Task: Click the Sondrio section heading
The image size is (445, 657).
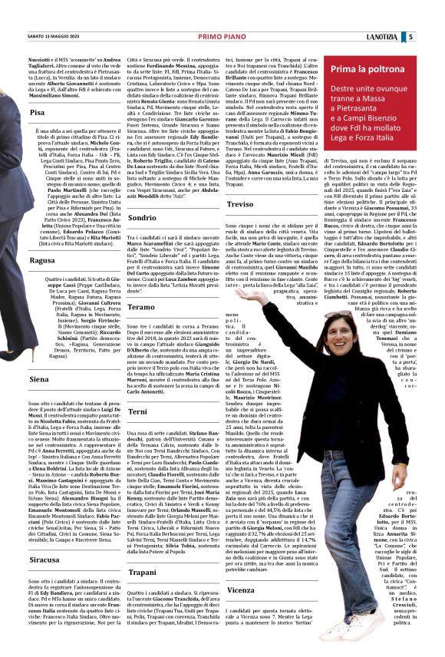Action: [143, 218]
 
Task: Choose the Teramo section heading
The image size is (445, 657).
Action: [142, 306]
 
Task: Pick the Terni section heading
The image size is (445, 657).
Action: [139, 411]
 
